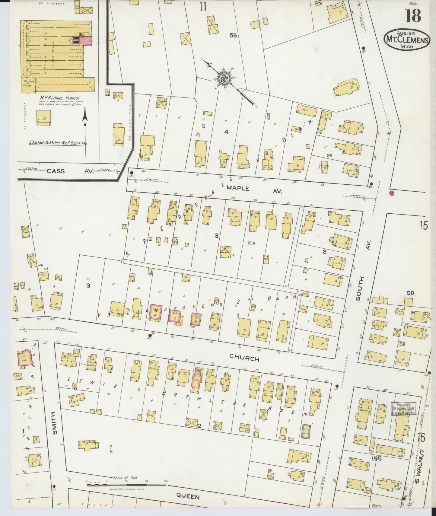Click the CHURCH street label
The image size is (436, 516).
tap(244, 359)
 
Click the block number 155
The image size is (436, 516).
tap(377, 459)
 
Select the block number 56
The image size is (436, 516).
tap(233, 36)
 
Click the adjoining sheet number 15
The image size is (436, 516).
tap(423, 225)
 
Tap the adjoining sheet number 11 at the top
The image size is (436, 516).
tap(202, 7)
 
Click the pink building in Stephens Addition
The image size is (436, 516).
tap(24, 358)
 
